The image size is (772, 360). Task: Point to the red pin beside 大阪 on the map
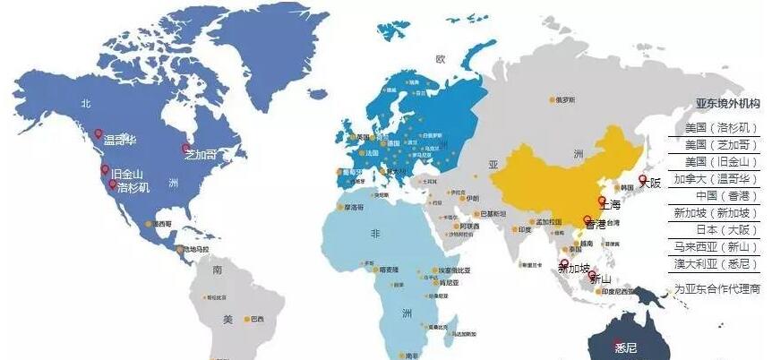pyautogui.click(x=642, y=180)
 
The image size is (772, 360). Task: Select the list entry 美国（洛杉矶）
pyautogui.click(x=721, y=128)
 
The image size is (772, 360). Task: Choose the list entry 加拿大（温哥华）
pyautogui.click(x=721, y=179)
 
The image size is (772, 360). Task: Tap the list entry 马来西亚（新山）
pyautogui.click(x=721, y=247)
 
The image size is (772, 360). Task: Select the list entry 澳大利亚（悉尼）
pyautogui.click(x=721, y=264)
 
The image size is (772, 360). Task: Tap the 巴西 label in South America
pyautogui.click(x=257, y=319)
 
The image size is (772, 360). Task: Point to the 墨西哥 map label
pyautogui.click(x=162, y=223)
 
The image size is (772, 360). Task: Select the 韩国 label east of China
pyautogui.click(x=626, y=187)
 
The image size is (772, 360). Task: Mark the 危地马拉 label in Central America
pyautogui.click(x=195, y=249)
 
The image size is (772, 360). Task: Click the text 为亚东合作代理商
pyautogui.click(x=717, y=289)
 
